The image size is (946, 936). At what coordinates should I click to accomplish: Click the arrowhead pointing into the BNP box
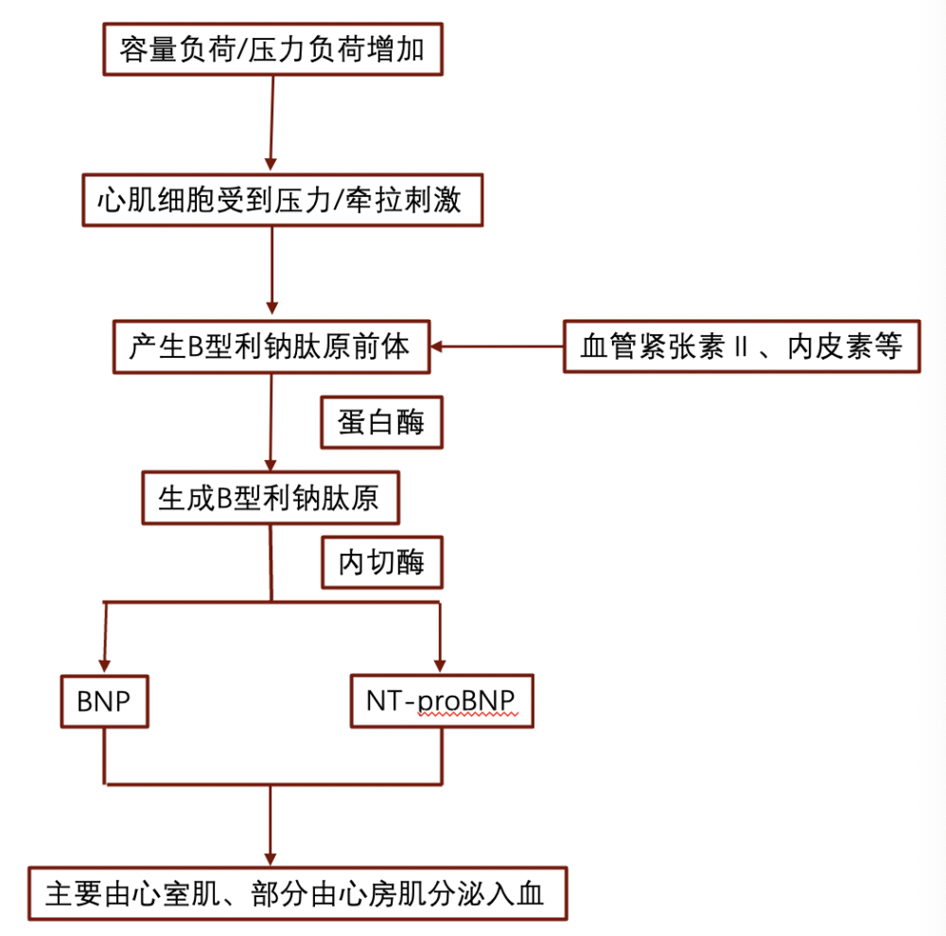[104, 666]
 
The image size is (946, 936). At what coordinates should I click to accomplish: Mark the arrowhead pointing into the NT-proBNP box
[440, 665]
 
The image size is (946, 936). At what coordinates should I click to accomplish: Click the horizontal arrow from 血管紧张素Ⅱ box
[497, 346]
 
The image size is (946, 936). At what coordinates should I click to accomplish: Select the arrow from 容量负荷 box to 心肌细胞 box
[272, 124]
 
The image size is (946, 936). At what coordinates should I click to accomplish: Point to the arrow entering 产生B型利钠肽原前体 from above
[272, 271]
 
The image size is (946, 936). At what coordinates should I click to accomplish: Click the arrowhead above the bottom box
[271, 859]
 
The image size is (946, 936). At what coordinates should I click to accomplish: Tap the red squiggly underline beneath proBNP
[468, 715]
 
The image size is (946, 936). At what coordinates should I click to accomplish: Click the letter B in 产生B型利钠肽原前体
[196, 347]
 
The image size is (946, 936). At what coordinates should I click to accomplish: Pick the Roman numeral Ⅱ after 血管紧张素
[741, 347]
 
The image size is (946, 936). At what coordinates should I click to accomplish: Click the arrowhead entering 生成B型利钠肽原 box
[271, 465]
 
